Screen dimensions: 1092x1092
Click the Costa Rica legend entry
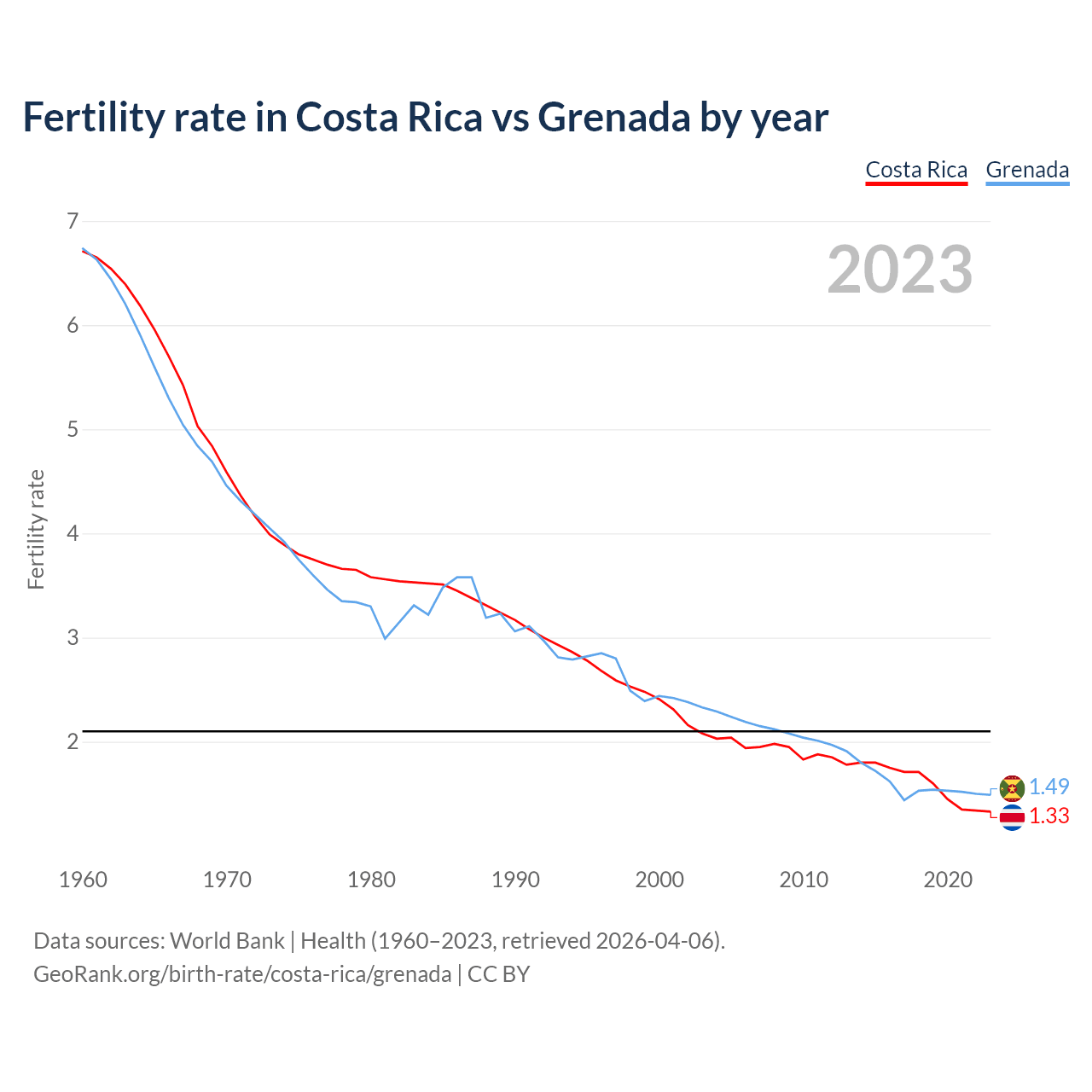point(916,170)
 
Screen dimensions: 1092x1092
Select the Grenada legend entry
point(1027,170)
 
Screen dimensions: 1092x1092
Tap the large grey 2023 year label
point(900,270)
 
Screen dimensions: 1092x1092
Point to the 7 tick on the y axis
point(73,222)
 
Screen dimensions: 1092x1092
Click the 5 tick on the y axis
point(73,430)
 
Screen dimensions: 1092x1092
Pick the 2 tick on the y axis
point(73,742)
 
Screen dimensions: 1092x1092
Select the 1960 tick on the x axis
point(83,880)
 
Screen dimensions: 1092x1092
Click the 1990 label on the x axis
point(515,880)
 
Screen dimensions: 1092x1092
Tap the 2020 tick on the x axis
point(948,880)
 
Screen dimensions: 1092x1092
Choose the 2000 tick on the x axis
point(659,880)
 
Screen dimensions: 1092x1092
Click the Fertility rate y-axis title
point(36,529)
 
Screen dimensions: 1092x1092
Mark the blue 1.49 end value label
point(1048,787)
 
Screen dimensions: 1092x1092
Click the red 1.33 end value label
point(1048,816)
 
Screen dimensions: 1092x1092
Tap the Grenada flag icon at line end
point(1012,787)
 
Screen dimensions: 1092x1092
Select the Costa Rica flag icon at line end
point(1012,817)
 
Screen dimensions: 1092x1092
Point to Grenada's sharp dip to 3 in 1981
point(385,638)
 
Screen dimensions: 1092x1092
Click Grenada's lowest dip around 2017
point(904,799)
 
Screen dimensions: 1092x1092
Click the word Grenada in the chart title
point(613,117)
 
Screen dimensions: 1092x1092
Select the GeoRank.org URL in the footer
point(242,973)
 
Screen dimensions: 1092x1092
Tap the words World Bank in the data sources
point(227,941)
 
